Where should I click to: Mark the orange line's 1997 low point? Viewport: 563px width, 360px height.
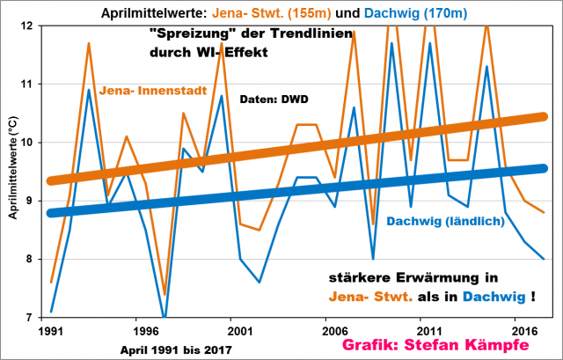[x=165, y=294]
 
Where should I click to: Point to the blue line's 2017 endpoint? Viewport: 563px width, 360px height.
[x=544, y=259]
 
